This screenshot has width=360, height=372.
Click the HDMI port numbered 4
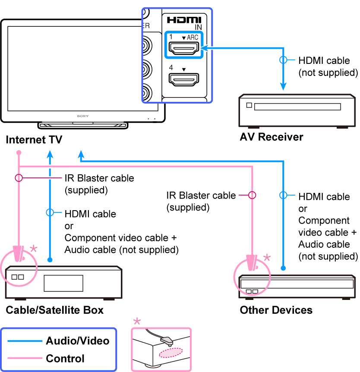(x=183, y=79)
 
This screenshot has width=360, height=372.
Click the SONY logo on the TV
(x=83, y=116)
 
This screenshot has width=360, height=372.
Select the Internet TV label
(x=34, y=140)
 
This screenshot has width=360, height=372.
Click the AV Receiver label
(x=271, y=137)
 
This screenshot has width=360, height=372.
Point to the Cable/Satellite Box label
(x=54, y=310)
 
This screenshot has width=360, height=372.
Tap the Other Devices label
(x=276, y=310)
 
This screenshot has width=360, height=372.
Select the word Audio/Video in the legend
(x=77, y=341)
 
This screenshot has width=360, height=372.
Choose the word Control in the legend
(x=65, y=358)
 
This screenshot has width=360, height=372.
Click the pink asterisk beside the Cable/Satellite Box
(x=34, y=249)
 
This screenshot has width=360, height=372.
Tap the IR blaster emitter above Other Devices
(x=251, y=263)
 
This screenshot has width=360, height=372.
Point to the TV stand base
(x=83, y=126)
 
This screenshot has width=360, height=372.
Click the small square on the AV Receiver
(x=249, y=105)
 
